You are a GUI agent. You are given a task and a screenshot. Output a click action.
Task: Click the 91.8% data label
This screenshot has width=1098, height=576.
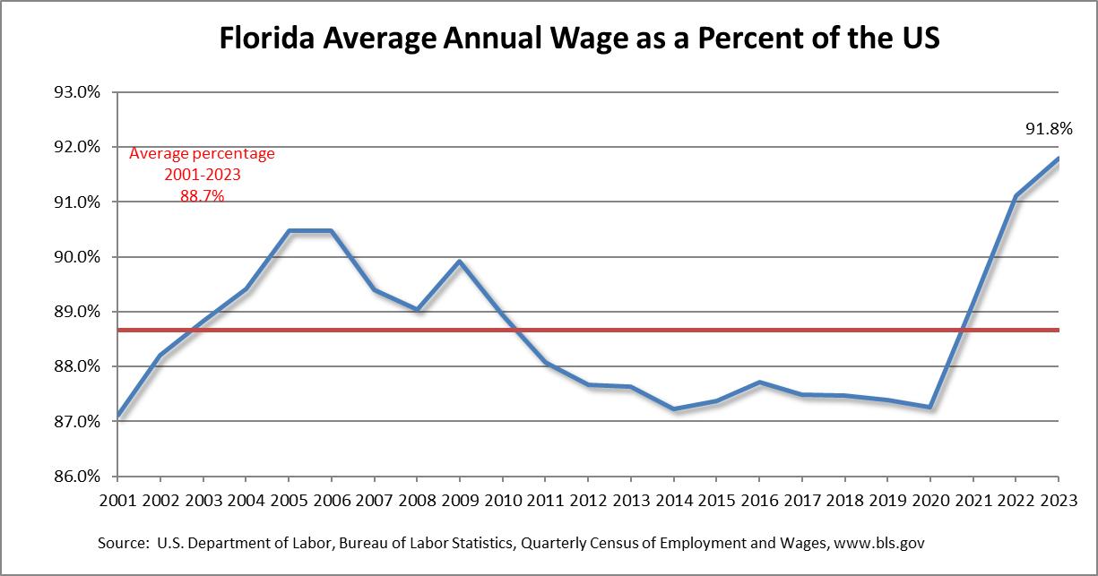point(1049,129)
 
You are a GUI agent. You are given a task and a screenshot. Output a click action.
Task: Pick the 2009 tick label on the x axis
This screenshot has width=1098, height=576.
point(460,500)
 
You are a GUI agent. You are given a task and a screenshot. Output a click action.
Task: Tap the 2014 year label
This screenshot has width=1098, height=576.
point(674,500)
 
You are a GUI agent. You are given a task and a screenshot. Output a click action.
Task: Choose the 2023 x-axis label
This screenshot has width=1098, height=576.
point(1059,500)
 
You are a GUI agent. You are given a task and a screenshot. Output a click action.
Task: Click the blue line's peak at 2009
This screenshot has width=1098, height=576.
point(460,262)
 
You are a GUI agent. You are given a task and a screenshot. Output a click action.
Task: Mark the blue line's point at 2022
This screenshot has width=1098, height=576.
point(1015,195)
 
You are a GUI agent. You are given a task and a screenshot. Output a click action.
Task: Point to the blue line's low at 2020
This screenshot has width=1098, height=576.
point(929,408)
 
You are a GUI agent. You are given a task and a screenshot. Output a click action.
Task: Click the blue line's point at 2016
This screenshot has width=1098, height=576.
point(759,383)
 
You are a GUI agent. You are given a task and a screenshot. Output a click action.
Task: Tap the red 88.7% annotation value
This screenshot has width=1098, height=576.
point(202,195)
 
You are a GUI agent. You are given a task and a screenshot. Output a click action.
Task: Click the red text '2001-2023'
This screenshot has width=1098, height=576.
point(202,175)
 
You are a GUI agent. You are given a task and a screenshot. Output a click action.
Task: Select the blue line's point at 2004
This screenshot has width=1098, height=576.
point(246,288)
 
